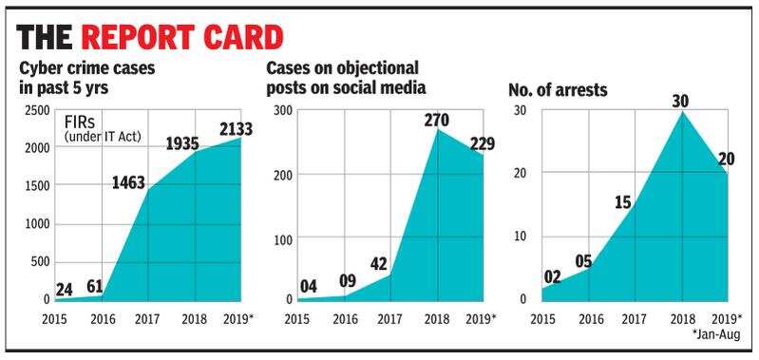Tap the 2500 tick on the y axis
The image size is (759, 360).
tap(38, 111)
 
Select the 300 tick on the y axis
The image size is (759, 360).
tap(281, 111)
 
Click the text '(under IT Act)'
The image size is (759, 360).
tap(103, 139)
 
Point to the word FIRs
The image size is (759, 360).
tap(82, 123)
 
